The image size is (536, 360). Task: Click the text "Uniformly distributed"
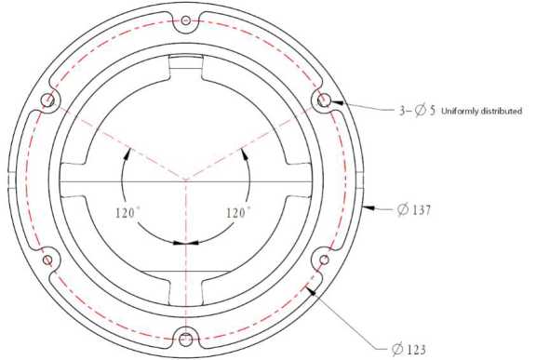[482, 111]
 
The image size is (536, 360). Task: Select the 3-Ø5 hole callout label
[418, 111]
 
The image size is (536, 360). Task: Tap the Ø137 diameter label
[414, 209]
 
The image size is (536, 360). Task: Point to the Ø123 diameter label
[409, 350]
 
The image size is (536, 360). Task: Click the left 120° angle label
[127, 213]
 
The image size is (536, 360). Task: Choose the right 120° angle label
[237, 213]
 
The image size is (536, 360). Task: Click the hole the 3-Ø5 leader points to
[324, 100]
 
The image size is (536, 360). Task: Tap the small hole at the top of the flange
[185, 20]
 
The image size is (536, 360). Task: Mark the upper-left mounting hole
[47, 100]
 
